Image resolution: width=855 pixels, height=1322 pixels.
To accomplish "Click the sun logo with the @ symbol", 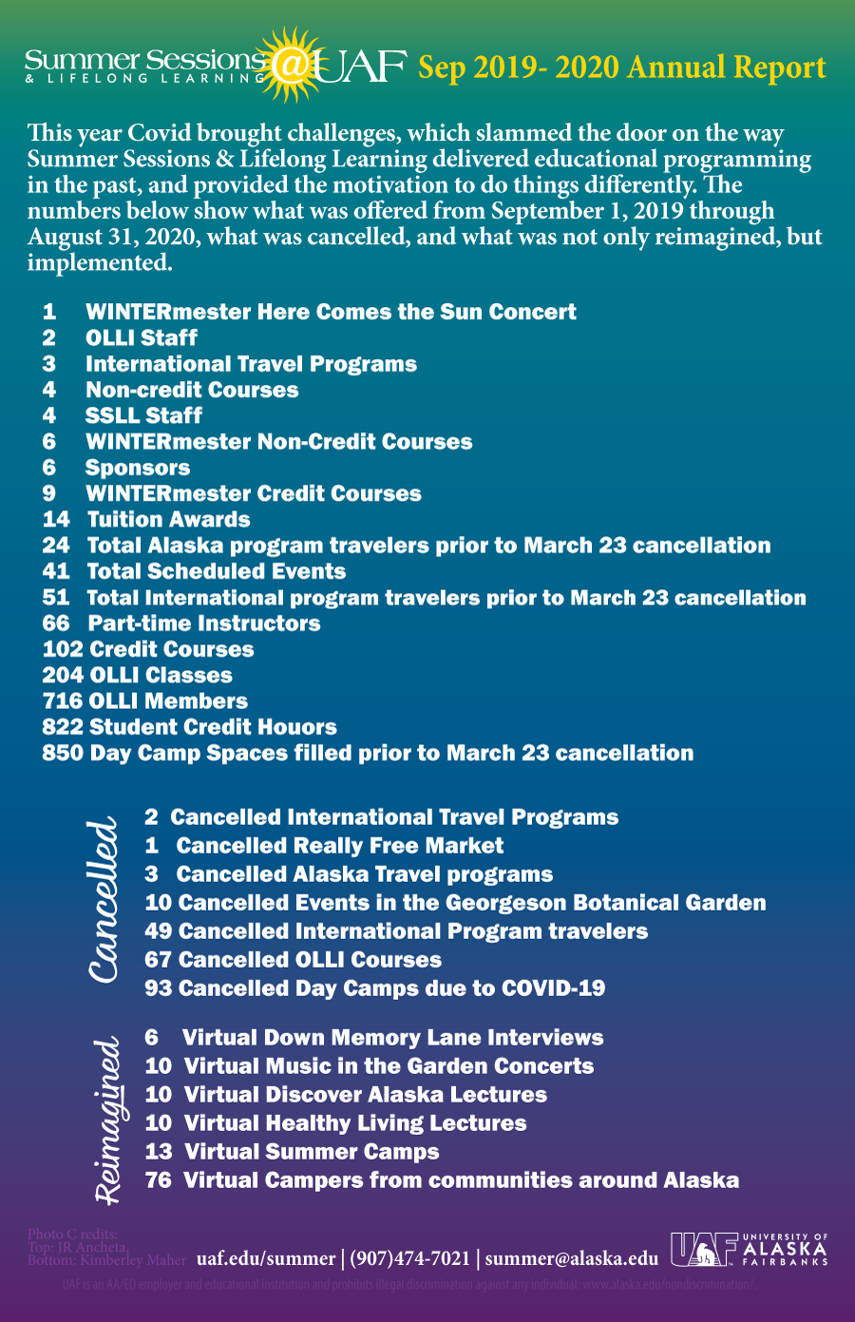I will (293, 65).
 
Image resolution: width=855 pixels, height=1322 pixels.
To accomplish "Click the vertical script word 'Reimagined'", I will (107, 1121).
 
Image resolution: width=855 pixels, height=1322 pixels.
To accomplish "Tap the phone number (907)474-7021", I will (409, 1258).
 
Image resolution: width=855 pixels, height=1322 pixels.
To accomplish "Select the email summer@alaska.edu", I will (571, 1258).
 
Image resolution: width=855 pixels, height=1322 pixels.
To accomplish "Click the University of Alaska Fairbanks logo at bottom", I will (749, 1250).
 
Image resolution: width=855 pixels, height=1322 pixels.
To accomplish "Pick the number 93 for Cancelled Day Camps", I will (159, 988).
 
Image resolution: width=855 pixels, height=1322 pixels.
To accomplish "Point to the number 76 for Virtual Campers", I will (159, 1180).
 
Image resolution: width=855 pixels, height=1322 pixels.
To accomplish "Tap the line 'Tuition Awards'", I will (168, 520).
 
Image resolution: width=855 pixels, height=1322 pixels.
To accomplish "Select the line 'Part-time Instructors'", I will (203, 623).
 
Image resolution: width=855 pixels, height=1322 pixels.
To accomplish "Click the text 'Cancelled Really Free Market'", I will (339, 846).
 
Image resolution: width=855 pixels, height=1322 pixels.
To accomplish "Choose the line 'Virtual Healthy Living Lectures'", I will (354, 1123).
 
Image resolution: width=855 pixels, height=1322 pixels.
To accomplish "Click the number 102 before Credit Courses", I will (63, 650).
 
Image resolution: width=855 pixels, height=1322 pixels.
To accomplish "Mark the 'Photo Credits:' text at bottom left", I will (72, 1235).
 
